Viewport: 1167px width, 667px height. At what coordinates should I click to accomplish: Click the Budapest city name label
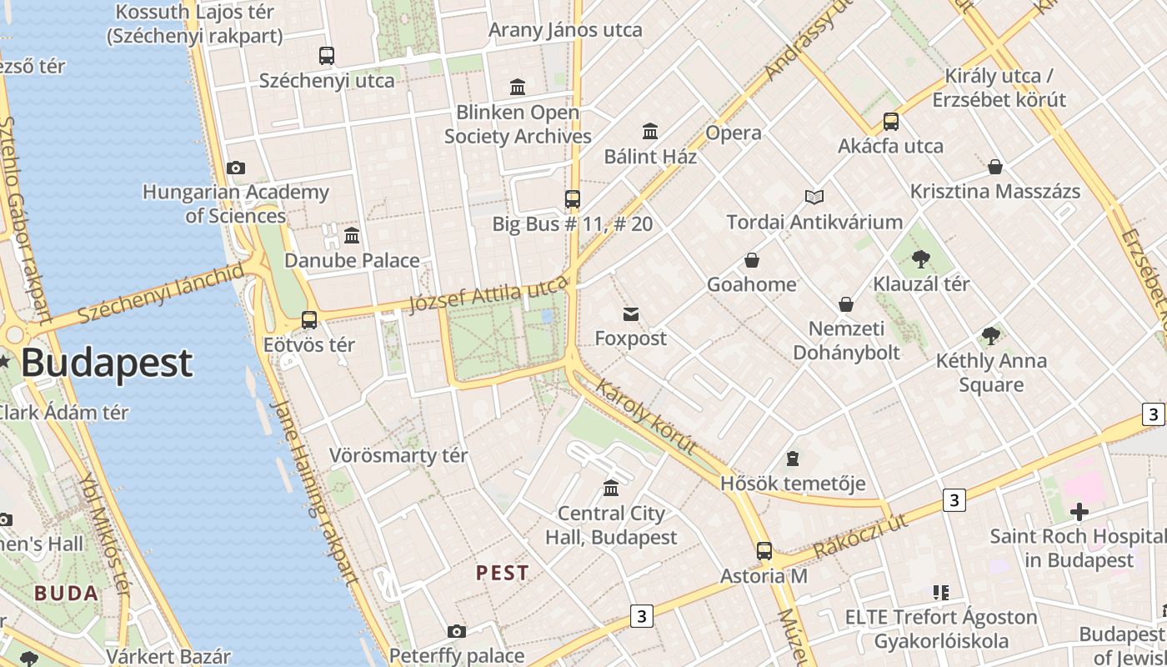coord(107,364)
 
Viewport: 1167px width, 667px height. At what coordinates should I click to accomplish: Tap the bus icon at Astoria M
coord(764,551)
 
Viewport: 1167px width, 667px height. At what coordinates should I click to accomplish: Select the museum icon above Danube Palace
coord(352,236)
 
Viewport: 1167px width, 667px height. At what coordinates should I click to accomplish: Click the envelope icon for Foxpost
coord(631,314)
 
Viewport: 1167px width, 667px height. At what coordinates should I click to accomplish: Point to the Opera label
coord(734,133)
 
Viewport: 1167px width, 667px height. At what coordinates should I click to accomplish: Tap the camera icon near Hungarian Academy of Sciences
coord(236,168)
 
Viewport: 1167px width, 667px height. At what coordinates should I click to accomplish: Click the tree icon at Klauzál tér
coord(921,259)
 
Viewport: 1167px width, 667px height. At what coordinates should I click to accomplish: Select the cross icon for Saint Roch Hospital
coord(1079,512)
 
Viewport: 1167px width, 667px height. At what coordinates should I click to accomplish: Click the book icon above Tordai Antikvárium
coord(814,198)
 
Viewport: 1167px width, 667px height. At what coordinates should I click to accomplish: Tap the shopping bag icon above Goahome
coord(752,260)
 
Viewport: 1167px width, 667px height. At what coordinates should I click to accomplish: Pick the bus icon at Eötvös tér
coord(309,320)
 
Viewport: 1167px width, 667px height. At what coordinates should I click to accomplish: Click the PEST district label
coord(502,573)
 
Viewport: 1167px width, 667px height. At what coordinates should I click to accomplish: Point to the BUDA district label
coord(67,594)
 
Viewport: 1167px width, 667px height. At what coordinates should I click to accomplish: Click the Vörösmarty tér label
coord(398,456)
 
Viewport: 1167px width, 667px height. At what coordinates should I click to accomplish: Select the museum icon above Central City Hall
coord(611,488)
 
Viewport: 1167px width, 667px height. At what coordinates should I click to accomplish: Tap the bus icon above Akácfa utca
coord(891,122)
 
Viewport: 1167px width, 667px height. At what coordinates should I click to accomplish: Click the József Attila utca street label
coord(488,295)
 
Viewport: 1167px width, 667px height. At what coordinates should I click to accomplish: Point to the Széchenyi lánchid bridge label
coord(162,293)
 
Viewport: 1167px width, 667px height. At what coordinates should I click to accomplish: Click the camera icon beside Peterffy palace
coord(456,631)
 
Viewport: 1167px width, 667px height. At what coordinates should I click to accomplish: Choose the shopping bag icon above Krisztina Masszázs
coord(994,167)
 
